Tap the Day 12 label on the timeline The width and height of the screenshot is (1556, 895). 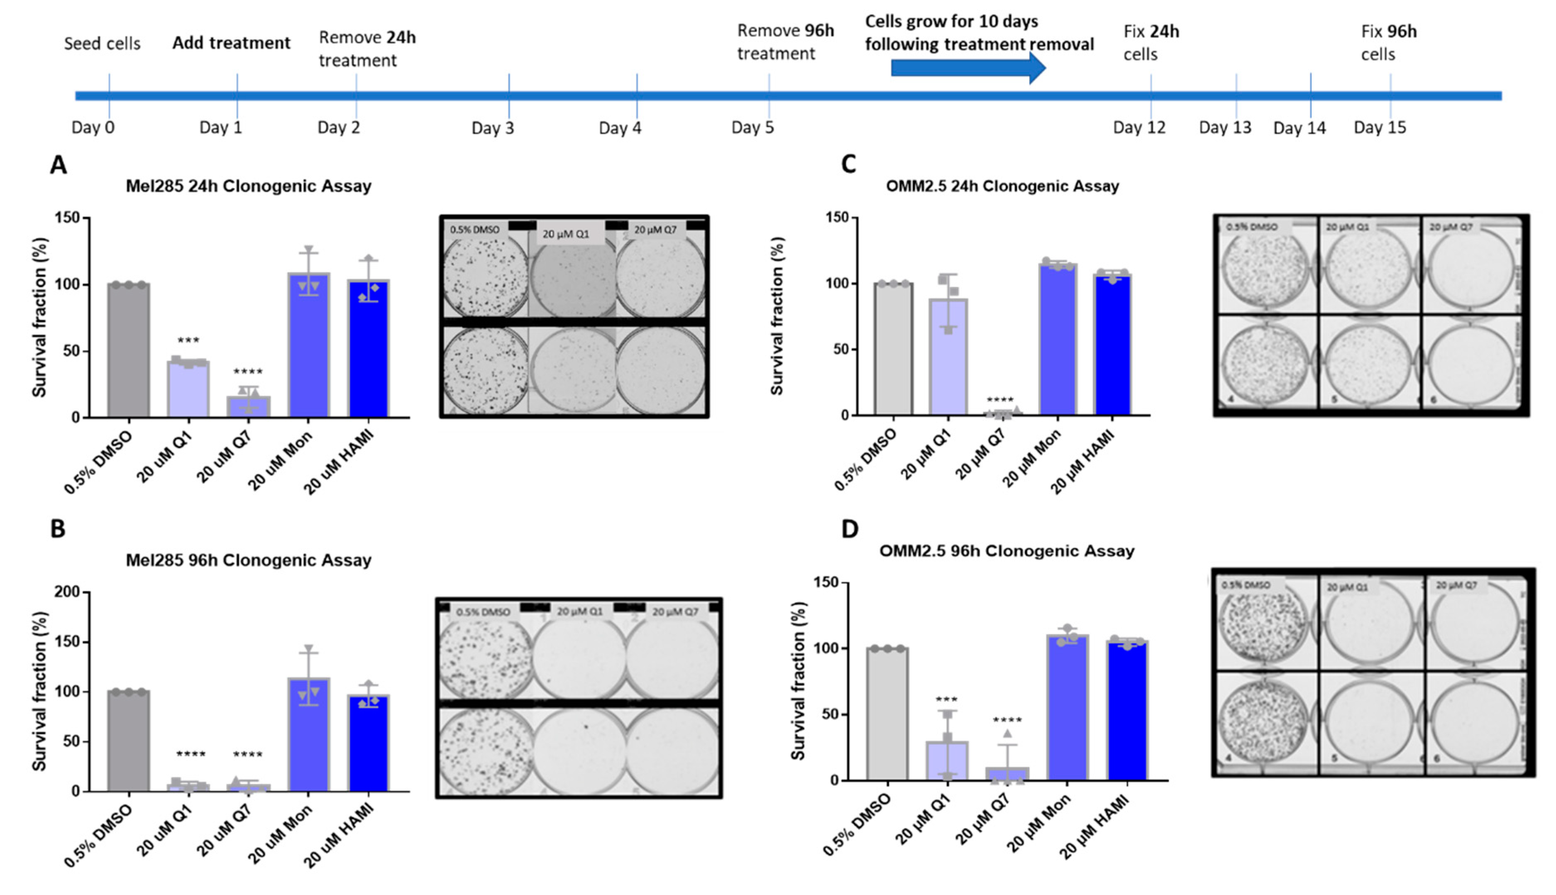(x=1139, y=128)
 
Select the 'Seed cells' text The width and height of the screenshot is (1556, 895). (x=102, y=44)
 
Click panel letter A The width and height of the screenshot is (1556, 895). (x=59, y=165)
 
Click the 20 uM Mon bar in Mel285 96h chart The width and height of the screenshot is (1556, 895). (x=308, y=735)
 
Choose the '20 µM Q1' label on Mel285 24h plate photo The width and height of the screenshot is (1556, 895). (x=565, y=234)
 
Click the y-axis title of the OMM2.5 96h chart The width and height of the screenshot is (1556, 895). (x=798, y=680)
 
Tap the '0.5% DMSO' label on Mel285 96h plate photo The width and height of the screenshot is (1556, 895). (x=483, y=612)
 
